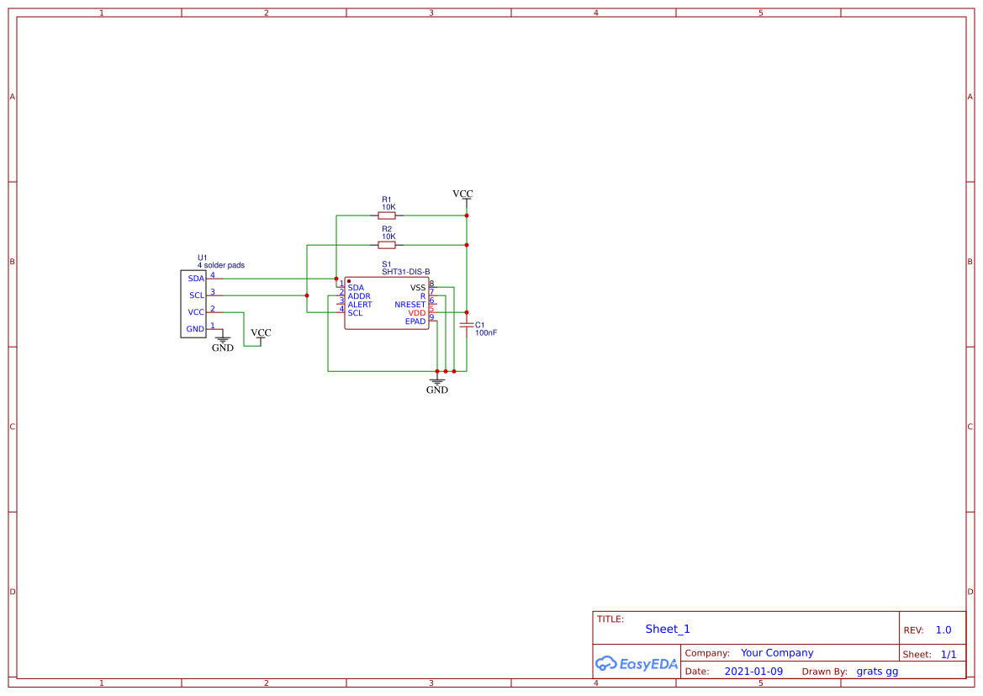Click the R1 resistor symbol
point(387,215)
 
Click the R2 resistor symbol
point(387,245)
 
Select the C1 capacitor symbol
point(466,325)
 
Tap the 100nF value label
point(486,332)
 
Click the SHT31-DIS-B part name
point(406,272)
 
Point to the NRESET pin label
point(410,305)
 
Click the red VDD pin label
point(417,313)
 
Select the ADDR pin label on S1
point(359,296)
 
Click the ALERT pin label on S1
point(360,305)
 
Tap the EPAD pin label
point(415,321)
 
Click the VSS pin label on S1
point(418,288)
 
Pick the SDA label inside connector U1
point(196,279)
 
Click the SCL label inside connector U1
point(197,295)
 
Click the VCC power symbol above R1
point(462,194)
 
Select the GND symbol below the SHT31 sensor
point(437,385)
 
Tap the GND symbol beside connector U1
point(223,343)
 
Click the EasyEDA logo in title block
point(637,663)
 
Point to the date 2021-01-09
point(753,672)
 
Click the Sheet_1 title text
point(668,629)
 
